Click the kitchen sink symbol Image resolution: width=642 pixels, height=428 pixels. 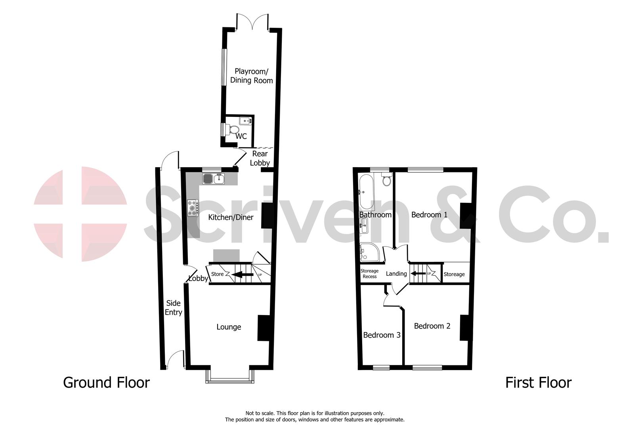214,179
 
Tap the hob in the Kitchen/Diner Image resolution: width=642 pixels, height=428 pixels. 193,208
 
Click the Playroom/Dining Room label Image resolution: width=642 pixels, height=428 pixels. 252,76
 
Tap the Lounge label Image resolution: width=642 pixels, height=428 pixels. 229,327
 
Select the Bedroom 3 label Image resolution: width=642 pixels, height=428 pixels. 382,335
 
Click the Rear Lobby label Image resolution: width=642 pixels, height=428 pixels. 260,158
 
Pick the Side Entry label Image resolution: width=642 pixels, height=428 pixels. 173,308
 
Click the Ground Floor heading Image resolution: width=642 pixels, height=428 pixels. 106,383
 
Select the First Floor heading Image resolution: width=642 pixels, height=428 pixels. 538,383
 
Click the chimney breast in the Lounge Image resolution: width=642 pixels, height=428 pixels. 263,328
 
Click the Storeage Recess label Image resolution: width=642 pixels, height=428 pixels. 369,274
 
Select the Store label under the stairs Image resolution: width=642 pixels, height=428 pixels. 217,274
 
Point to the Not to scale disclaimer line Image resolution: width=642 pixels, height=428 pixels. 315,413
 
